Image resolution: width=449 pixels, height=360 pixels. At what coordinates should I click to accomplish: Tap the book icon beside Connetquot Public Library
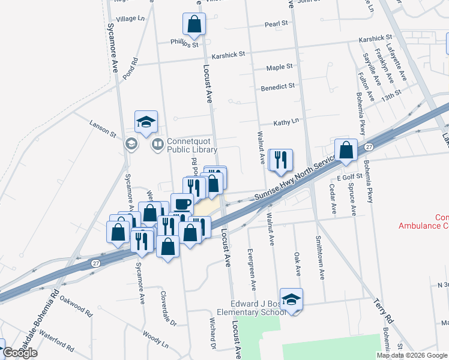pos(157,144)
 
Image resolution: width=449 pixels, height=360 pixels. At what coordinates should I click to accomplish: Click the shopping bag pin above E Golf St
pos(346,151)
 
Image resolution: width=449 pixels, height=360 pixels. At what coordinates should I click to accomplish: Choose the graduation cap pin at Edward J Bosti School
pos(291,300)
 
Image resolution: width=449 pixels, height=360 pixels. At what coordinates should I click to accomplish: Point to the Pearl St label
pos(277,25)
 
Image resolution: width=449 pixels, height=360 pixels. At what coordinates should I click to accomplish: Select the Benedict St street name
pos(277,87)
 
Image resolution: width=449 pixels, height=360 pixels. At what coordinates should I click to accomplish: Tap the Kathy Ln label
pos(286,122)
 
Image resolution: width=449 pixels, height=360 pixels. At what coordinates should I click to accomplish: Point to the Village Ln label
pos(131,19)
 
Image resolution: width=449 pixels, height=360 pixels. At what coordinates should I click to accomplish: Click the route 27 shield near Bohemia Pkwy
pos(369,146)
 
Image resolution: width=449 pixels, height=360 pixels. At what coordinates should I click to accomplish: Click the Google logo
pos(20,353)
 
